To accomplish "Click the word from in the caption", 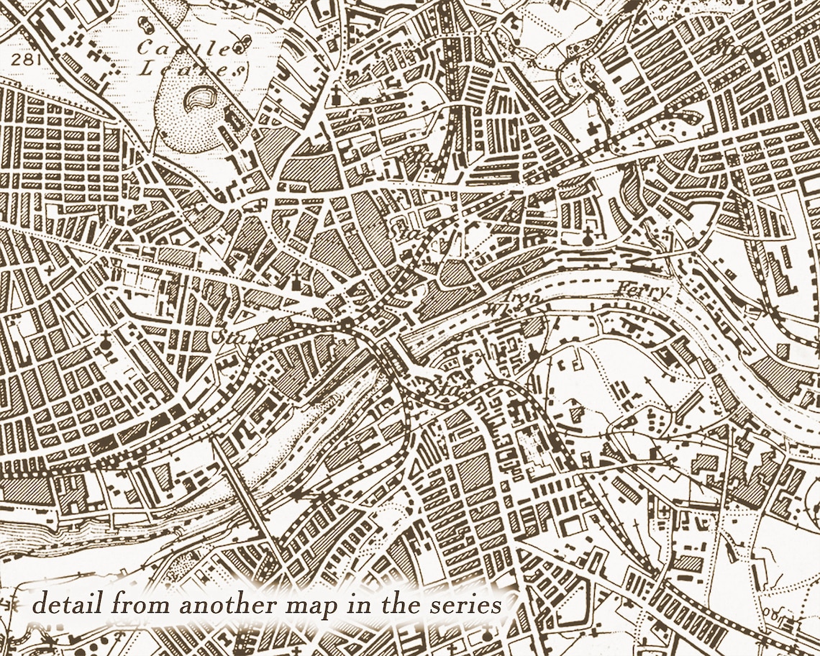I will [137, 604].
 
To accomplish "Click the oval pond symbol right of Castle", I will [242, 48].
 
